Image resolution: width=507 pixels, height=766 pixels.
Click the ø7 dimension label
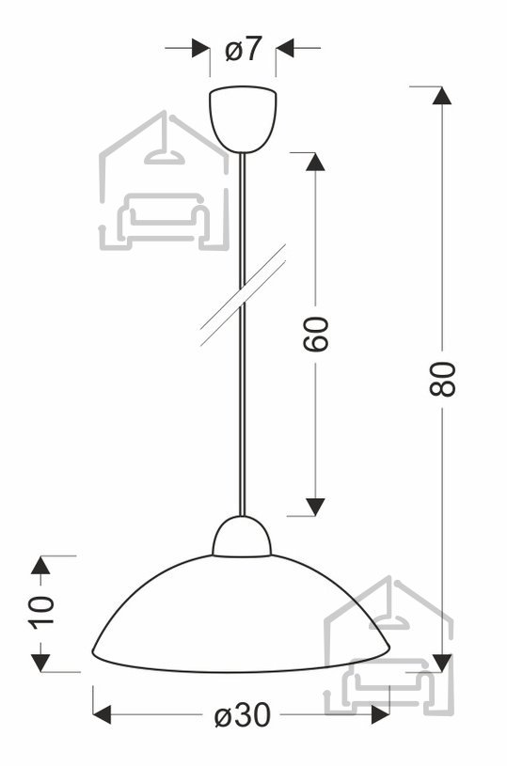point(244,49)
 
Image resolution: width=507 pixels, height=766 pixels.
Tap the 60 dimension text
point(315,334)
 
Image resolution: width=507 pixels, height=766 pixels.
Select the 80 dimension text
point(442,379)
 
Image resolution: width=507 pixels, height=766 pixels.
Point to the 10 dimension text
point(41,612)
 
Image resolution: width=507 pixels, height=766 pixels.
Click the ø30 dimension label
point(243,715)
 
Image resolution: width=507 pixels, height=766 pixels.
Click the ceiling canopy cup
point(243,119)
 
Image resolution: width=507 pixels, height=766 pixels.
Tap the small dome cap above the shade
point(242,536)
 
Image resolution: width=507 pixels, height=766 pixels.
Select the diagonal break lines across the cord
point(243,295)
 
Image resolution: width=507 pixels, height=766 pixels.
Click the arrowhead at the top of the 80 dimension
point(442,95)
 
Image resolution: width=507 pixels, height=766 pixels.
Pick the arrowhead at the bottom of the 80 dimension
point(442,663)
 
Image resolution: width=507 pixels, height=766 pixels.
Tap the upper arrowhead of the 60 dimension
point(315,162)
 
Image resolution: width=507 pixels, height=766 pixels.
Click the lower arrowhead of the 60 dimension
point(315,507)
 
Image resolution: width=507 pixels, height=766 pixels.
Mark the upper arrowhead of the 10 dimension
point(40,565)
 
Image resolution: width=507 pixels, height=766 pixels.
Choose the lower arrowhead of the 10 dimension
point(40,663)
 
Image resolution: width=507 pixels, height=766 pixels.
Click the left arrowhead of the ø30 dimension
point(102,714)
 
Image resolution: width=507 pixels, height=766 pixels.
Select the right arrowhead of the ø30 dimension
point(380,714)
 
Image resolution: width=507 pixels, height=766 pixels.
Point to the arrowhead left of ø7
point(201,48)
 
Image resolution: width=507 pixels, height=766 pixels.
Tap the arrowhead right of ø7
point(285,48)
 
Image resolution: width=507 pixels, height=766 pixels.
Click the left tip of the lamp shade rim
point(93,651)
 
